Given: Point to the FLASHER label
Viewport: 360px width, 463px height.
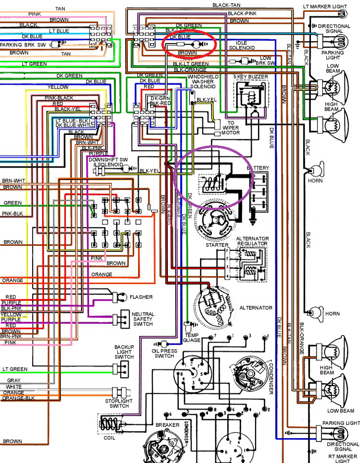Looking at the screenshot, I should [141, 297].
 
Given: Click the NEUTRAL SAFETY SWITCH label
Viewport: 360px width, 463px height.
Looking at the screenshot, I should [143, 319].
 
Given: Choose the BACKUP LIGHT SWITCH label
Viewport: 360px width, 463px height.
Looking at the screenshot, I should [124, 352].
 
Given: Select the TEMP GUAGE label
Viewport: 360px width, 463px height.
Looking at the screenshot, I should [192, 338].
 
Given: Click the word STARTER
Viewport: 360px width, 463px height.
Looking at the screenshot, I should [217, 245].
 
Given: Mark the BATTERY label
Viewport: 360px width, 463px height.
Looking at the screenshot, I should [257, 168].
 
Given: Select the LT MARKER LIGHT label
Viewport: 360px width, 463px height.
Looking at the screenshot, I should [331, 7].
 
